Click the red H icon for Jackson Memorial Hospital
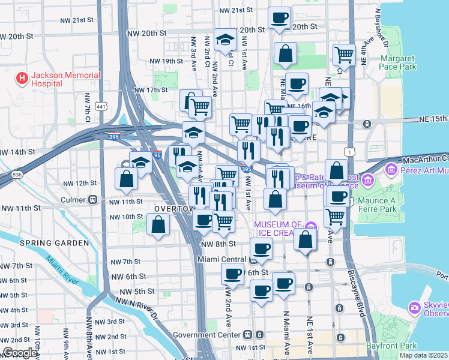22,79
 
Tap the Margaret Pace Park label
398,63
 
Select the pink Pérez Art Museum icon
393,170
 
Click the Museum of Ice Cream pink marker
310,228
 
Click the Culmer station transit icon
92,199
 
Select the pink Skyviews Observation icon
413,308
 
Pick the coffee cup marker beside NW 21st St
279,18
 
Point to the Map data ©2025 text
423,355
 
